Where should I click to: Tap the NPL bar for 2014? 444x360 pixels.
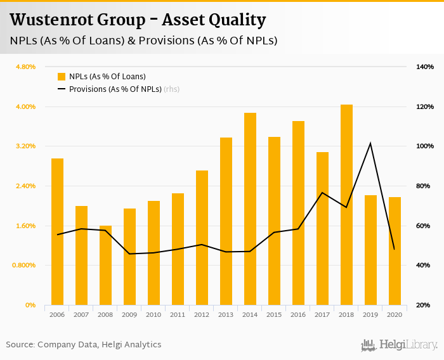250,209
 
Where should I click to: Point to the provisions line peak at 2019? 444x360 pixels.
370,143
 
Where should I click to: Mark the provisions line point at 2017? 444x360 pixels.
322,193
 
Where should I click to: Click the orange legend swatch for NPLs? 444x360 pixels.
62,77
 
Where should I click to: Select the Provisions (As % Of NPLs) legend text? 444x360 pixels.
115,89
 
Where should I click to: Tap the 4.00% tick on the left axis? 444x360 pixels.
26,106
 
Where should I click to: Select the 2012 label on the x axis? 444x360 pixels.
202,314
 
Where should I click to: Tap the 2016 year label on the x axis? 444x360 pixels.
298,314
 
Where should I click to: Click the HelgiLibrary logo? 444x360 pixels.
399,345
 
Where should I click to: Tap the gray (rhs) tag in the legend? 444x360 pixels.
172,89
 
